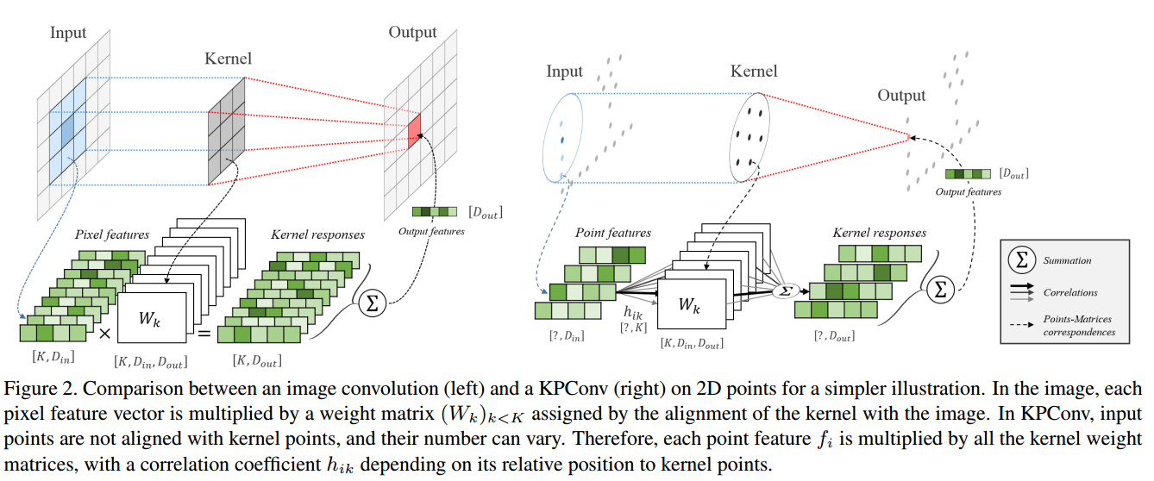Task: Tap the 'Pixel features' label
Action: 112,234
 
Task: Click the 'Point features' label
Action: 612,233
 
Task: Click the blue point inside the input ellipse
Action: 562,138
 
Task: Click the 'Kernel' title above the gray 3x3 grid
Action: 229,59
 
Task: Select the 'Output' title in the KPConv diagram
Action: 901,96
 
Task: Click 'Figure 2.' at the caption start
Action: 35,389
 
